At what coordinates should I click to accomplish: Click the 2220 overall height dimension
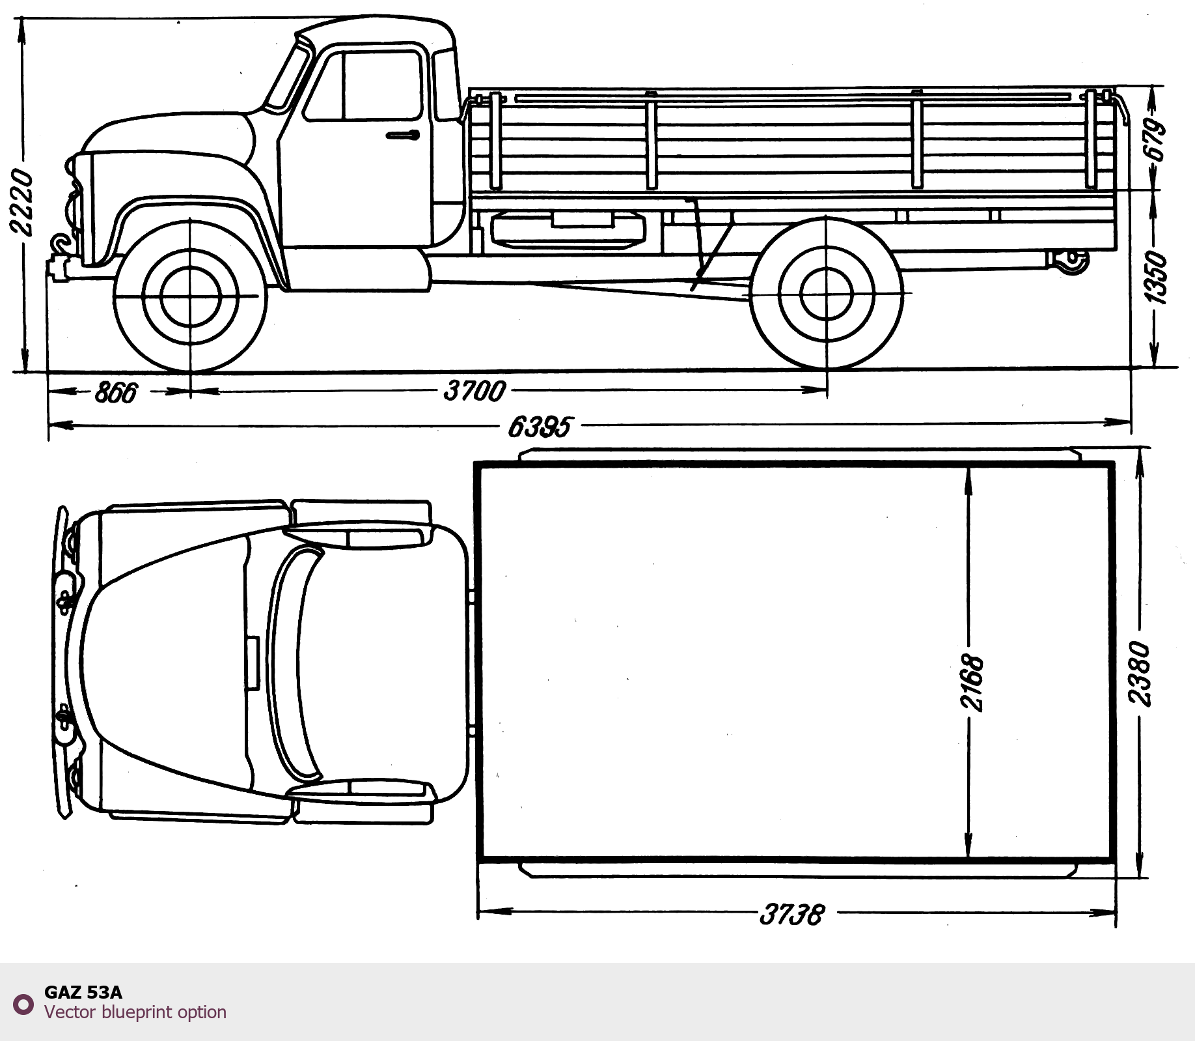coord(21,203)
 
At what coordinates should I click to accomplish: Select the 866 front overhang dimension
coord(117,392)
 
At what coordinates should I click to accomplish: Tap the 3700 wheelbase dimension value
coord(474,391)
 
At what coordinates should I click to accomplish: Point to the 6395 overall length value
coord(540,427)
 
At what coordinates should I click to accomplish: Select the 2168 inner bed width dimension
coord(971,682)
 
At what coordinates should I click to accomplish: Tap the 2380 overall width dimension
coord(1140,674)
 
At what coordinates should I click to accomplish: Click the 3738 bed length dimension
coord(792,915)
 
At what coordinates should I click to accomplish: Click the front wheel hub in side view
coord(190,296)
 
